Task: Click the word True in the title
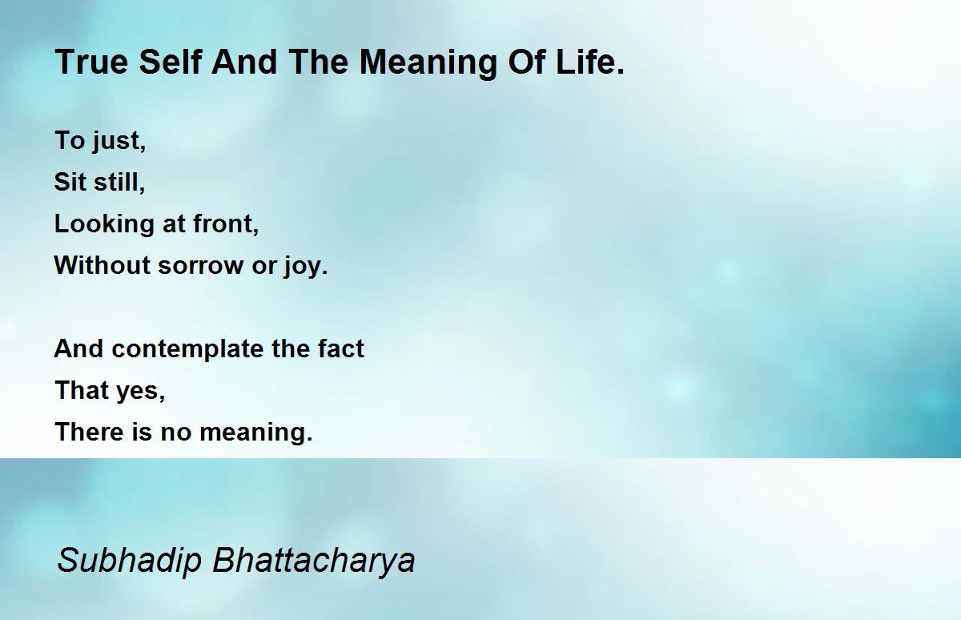pyautogui.click(x=92, y=62)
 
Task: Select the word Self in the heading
pyautogui.click(x=171, y=62)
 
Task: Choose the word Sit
pyautogui.click(x=70, y=182)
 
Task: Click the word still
pyautogui.click(x=119, y=182)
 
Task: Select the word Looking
pyautogui.click(x=104, y=224)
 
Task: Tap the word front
pyautogui.click(x=226, y=223)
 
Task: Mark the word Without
pyautogui.click(x=102, y=264)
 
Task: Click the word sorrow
pyautogui.click(x=200, y=266)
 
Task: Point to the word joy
pyautogui.click(x=305, y=266)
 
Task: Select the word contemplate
pyautogui.click(x=187, y=348)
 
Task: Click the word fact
pyautogui.click(x=340, y=348)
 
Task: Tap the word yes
pyautogui.click(x=141, y=392)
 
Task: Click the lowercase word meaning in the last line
pyautogui.click(x=256, y=433)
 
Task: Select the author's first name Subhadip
pyautogui.click(x=129, y=561)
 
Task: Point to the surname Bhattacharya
pyautogui.click(x=314, y=561)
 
